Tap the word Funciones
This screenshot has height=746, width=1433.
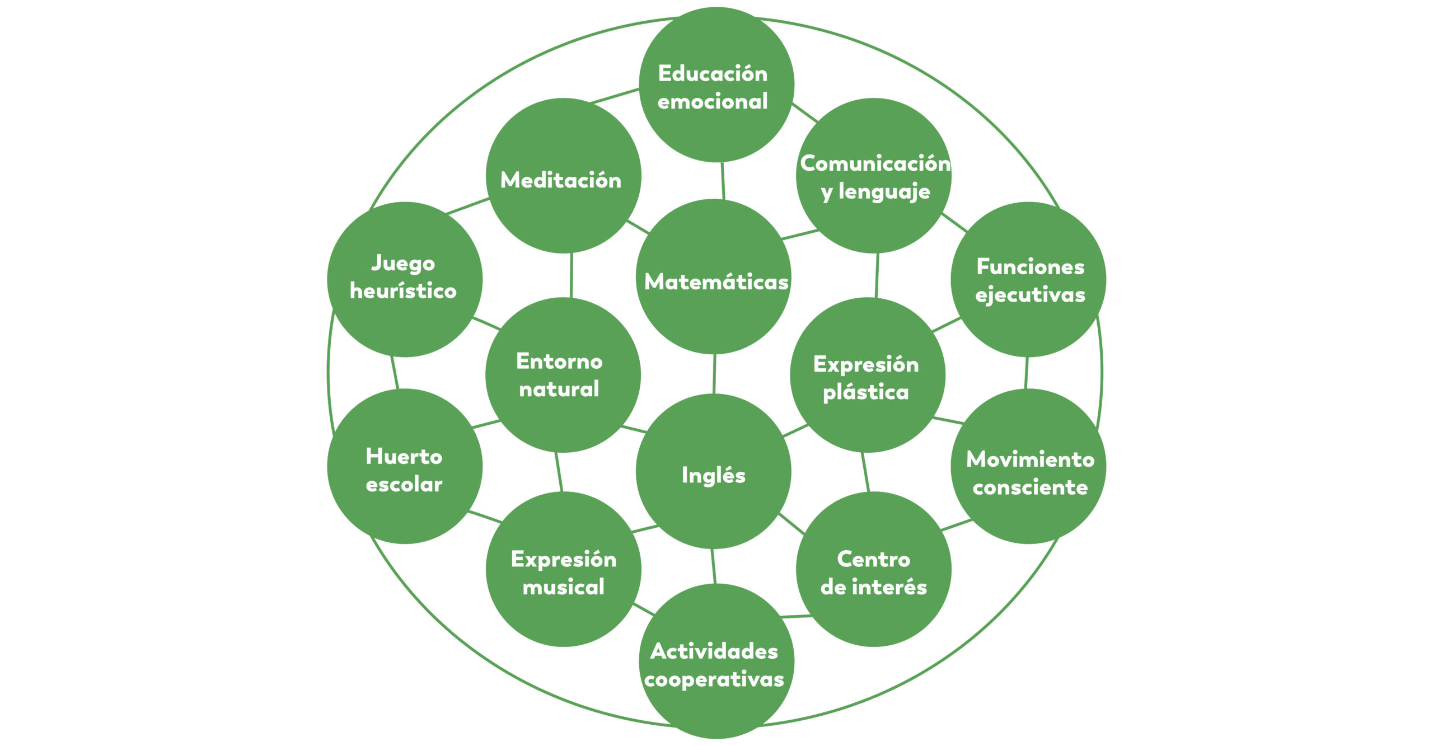(x=1030, y=267)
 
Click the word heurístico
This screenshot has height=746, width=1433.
(x=403, y=291)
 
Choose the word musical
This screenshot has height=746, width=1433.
(x=563, y=587)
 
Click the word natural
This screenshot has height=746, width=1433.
(x=559, y=389)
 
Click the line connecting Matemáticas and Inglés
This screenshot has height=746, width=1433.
(x=714, y=374)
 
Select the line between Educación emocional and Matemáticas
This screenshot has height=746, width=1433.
(x=723, y=180)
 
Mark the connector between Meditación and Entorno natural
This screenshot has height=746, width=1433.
(x=571, y=275)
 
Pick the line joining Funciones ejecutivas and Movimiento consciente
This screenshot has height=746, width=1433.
(x=1026, y=373)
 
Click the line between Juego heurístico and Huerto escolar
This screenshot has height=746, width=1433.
(x=395, y=373)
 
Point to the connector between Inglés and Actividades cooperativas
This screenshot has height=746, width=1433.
(x=714, y=566)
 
